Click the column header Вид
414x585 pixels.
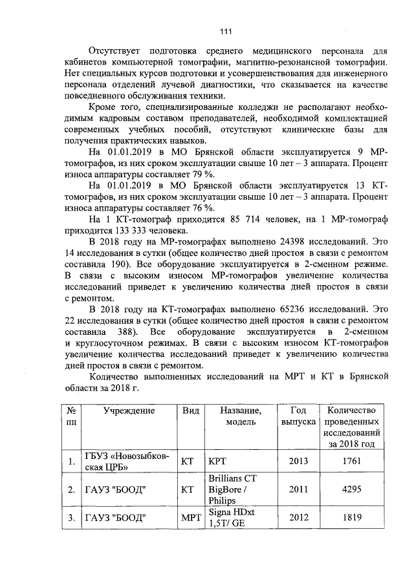[190, 410]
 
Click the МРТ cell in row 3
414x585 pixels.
[190, 518]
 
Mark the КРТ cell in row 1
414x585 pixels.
[215, 463]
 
